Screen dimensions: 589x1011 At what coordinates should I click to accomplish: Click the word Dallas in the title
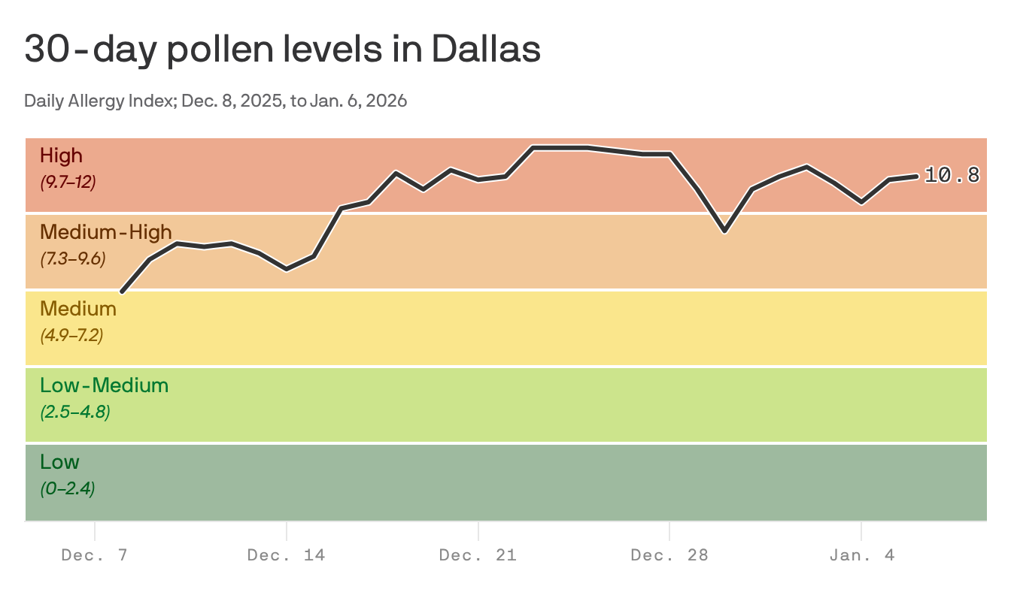click(x=486, y=50)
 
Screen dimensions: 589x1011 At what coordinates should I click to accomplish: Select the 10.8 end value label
click(x=952, y=176)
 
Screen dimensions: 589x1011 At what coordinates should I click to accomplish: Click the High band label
click(x=61, y=156)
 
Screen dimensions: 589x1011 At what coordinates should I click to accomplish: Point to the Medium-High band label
click(x=105, y=231)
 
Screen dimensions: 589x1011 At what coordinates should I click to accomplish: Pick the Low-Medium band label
click(x=104, y=385)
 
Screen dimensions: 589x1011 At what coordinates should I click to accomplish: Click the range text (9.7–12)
click(x=68, y=182)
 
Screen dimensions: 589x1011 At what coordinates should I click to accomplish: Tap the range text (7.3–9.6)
click(x=72, y=258)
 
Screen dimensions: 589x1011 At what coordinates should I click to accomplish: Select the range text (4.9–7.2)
click(x=71, y=335)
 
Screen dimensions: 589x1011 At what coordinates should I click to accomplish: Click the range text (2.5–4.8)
click(x=74, y=412)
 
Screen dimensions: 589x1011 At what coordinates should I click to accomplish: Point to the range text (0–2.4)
click(x=67, y=488)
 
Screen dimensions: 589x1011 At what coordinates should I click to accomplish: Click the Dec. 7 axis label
click(x=95, y=555)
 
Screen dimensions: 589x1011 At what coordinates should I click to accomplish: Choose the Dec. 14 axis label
click(x=286, y=555)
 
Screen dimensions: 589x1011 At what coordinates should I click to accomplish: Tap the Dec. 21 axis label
click(x=478, y=555)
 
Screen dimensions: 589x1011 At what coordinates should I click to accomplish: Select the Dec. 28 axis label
click(x=669, y=555)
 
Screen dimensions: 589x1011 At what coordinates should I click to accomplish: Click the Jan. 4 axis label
click(x=861, y=555)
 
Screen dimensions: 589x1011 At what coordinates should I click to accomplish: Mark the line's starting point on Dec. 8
click(x=122, y=291)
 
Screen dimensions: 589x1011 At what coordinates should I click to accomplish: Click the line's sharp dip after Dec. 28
click(x=724, y=231)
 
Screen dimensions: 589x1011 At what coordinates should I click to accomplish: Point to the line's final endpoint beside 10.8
click(x=916, y=176)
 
